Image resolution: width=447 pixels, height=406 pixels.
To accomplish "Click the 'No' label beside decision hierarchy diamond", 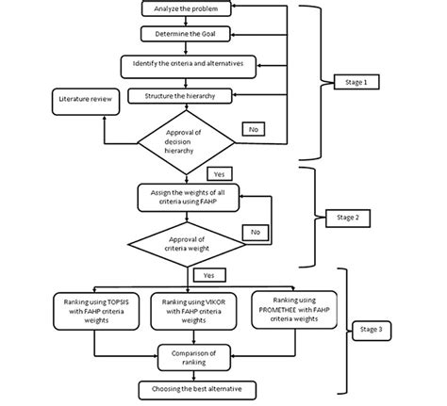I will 254,128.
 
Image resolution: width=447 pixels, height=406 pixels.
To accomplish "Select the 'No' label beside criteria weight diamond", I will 254,231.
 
